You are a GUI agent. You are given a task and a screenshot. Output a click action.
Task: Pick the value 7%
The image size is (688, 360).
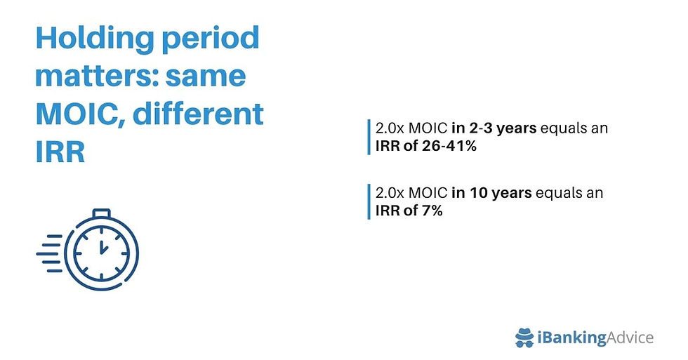431,210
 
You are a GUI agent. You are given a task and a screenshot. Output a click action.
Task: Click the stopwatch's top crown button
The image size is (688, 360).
102,213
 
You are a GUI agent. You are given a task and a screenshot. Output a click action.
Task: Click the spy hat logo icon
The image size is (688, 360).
524,337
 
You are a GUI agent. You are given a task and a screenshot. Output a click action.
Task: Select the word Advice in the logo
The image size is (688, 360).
629,338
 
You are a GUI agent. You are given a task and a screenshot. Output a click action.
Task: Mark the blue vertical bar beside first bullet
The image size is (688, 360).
368,137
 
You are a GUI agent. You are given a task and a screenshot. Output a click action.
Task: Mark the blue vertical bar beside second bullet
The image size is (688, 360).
368,201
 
